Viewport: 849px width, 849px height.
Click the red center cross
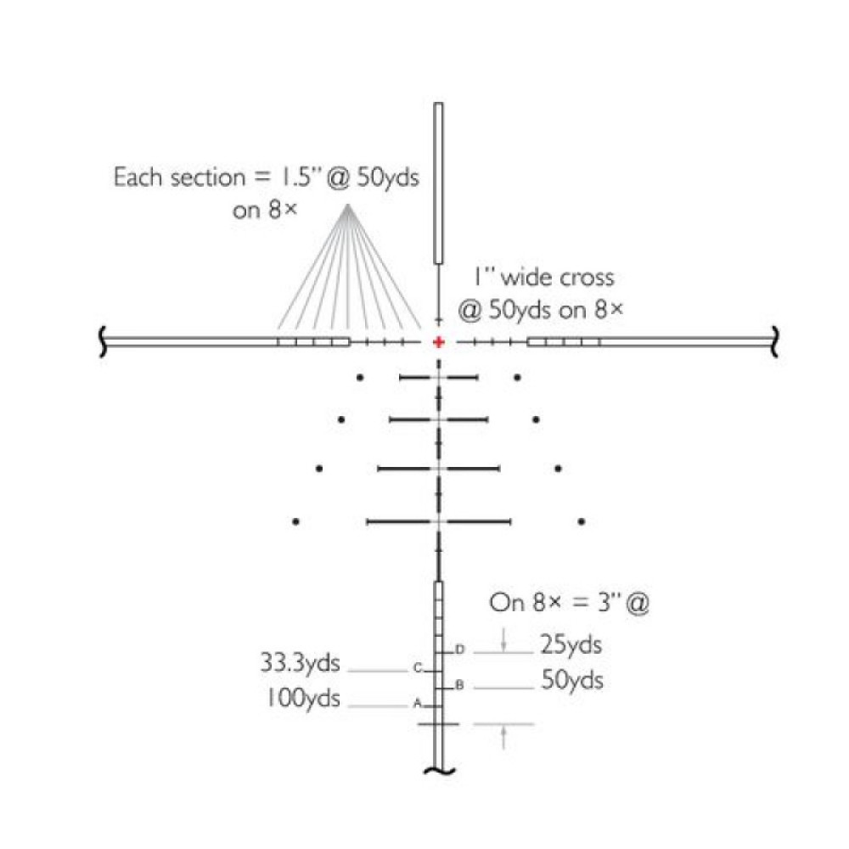[x=439, y=342]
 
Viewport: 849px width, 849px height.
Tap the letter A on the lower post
[x=417, y=703]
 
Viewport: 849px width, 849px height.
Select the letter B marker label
[x=459, y=685]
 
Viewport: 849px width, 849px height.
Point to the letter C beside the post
[x=417, y=667]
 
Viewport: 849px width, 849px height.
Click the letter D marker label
[x=459, y=649]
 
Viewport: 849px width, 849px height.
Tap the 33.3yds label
[x=300, y=663]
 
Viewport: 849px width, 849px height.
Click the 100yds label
[x=303, y=698]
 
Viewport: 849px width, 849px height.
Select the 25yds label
[x=571, y=645]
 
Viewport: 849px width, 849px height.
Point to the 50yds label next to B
[x=571, y=681]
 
